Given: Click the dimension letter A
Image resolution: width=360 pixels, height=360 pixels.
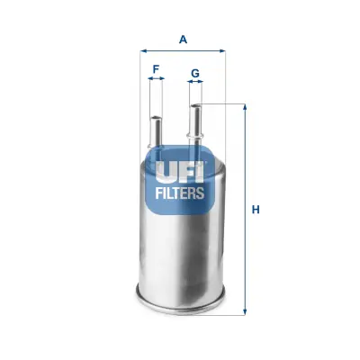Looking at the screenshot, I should [x=183, y=39].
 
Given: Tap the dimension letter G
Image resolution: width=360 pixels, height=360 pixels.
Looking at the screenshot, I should [x=195, y=72].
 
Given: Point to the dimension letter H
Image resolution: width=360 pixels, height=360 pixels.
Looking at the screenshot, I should [x=256, y=210].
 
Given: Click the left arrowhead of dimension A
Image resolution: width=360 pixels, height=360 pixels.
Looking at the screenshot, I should [x=142, y=51].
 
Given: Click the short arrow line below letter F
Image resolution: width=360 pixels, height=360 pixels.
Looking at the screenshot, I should [x=157, y=79].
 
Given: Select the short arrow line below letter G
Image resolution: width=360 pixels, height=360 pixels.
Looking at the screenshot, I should [x=195, y=84].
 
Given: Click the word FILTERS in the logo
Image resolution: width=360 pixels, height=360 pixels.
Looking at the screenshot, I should [x=181, y=192].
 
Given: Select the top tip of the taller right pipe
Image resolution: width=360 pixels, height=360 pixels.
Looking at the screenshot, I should [x=195, y=105].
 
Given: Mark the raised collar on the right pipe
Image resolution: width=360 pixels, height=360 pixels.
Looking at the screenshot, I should [x=195, y=136].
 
